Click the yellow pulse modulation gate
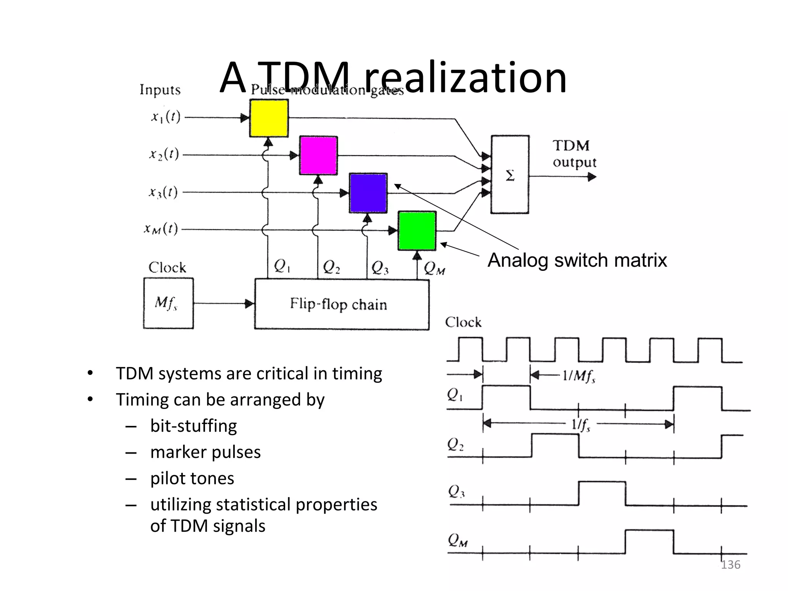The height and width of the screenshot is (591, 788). (x=269, y=118)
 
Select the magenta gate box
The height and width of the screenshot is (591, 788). (x=319, y=155)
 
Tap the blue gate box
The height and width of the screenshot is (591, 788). (x=368, y=193)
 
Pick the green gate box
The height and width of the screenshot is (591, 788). (x=417, y=230)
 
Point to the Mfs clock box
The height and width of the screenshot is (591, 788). (x=168, y=303)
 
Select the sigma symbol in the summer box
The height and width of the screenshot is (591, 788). (x=510, y=176)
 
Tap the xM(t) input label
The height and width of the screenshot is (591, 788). (x=161, y=229)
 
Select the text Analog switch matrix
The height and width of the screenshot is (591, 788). (x=577, y=260)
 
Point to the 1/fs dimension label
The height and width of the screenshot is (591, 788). (x=581, y=425)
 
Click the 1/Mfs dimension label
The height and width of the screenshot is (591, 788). (x=579, y=375)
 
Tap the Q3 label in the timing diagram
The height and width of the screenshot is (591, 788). (x=456, y=491)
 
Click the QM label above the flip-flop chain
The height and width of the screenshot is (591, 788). (x=434, y=268)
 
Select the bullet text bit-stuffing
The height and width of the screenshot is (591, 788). (x=194, y=426)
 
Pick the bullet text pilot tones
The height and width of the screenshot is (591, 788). (x=192, y=478)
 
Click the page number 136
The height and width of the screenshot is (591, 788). (x=730, y=565)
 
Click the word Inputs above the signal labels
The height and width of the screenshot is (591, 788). (x=160, y=90)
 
